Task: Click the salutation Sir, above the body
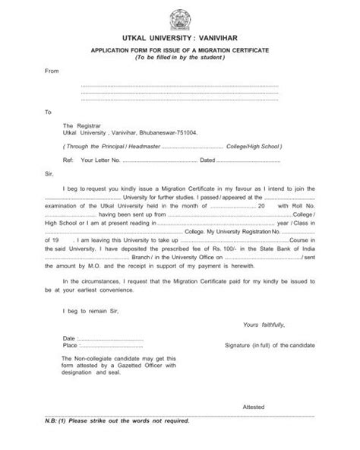pyautogui.click(x=50, y=175)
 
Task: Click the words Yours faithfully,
pyautogui.click(x=264, y=324)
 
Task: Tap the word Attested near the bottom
pyautogui.click(x=254, y=407)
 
